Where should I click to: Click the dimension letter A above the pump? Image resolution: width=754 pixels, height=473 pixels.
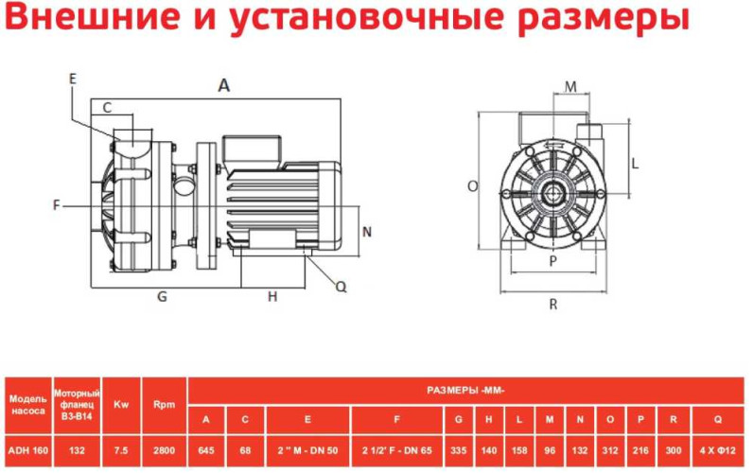[223, 85]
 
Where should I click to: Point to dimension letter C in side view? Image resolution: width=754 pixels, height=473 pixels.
[108, 108]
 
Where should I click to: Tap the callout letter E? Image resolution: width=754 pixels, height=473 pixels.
[73, 79]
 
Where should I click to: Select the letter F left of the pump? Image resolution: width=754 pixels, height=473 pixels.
[57, 204]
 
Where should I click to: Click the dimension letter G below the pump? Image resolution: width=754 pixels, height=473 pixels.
[162, 296]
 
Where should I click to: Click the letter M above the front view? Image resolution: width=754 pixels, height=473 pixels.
[570, 87]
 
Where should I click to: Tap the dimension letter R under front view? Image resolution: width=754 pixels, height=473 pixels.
[553, 305]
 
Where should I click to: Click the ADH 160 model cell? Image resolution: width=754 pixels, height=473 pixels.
[27, 450]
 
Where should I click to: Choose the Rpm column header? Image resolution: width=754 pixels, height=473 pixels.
[164, 404]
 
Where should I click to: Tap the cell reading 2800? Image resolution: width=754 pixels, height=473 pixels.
[164, 450]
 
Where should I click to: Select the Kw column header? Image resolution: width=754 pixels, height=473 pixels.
[120, 404]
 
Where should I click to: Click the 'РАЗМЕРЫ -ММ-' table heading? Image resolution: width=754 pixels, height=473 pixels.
[466, 388]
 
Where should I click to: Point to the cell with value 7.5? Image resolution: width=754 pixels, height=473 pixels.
[120, 450]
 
